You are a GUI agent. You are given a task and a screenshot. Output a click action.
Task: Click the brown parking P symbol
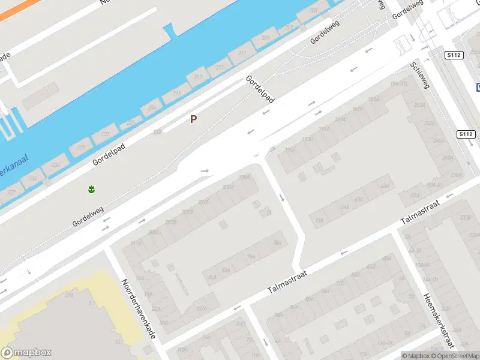tap(193, 119)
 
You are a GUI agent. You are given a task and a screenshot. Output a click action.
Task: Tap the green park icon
tap(91, 190)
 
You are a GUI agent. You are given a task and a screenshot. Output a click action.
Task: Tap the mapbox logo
tap(26, 353)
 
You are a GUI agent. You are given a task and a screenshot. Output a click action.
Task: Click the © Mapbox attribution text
tap(416, 356)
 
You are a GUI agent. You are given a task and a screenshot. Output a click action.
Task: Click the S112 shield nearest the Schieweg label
tap(454, 55)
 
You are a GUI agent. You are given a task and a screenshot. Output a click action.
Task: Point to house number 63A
tap(385, 187)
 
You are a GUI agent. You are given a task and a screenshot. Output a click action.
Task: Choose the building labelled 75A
tap(277, 243)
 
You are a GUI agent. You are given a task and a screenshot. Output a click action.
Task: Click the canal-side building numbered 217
tap(197, 77)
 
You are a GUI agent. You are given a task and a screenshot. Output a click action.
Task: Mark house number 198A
tap(243, 178)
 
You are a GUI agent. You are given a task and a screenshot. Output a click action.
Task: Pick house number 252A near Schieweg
tap(419, 105)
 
